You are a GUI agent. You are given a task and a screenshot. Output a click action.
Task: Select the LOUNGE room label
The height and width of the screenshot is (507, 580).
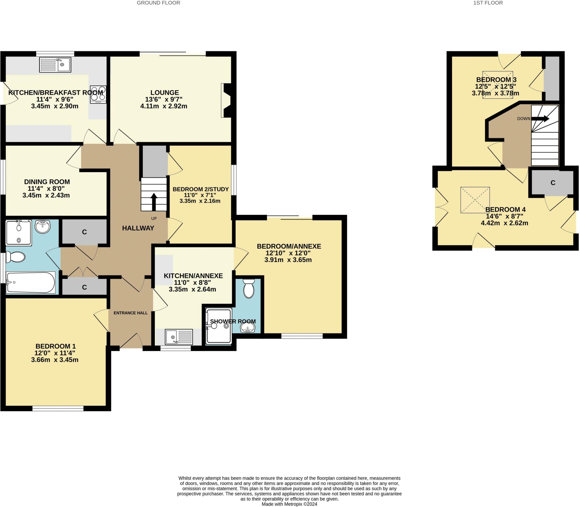point(165,92)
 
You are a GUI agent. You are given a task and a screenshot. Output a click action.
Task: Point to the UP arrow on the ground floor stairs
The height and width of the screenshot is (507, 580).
point(154,202)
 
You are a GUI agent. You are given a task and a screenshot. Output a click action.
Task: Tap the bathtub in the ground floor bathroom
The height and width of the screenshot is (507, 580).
point(31,282)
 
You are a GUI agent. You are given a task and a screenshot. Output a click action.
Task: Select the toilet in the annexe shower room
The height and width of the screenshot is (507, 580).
point(249,288)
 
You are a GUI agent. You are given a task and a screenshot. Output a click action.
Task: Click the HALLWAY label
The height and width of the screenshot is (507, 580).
point(138,228)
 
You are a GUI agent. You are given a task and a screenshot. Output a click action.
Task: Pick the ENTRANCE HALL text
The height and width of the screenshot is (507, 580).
point(131,313)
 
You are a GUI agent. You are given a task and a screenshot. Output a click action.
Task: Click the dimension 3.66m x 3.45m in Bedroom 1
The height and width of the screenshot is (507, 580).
point(55,360)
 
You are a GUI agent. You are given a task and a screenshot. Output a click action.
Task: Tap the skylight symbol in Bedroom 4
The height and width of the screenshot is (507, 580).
point(475,200)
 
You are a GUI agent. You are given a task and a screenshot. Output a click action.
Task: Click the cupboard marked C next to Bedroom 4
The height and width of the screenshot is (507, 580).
point(553,183)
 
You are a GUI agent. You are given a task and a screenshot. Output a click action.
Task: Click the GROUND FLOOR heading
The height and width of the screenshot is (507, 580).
point(158,3)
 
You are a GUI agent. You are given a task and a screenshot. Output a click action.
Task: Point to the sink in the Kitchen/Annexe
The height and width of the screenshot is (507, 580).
point(179,337)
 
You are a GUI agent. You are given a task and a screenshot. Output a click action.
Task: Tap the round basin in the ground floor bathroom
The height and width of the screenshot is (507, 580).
point(43,227)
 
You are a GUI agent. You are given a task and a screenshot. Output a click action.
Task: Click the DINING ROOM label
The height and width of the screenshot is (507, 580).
point(47,182)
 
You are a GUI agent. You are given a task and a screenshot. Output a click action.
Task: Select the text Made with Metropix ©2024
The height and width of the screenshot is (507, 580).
point(289,504)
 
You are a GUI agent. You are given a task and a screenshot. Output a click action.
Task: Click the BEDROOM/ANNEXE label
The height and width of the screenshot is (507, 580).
point(289,246)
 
